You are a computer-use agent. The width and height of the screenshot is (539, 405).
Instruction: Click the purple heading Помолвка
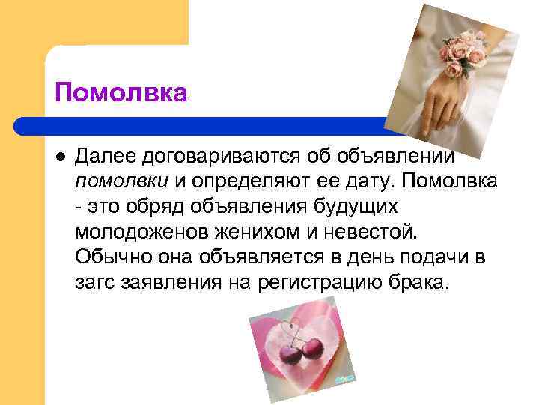121,94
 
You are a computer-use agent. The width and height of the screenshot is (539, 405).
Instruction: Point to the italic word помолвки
123,182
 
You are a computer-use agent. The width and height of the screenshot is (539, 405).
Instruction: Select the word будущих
363,207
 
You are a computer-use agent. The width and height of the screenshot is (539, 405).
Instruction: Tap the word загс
96,283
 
